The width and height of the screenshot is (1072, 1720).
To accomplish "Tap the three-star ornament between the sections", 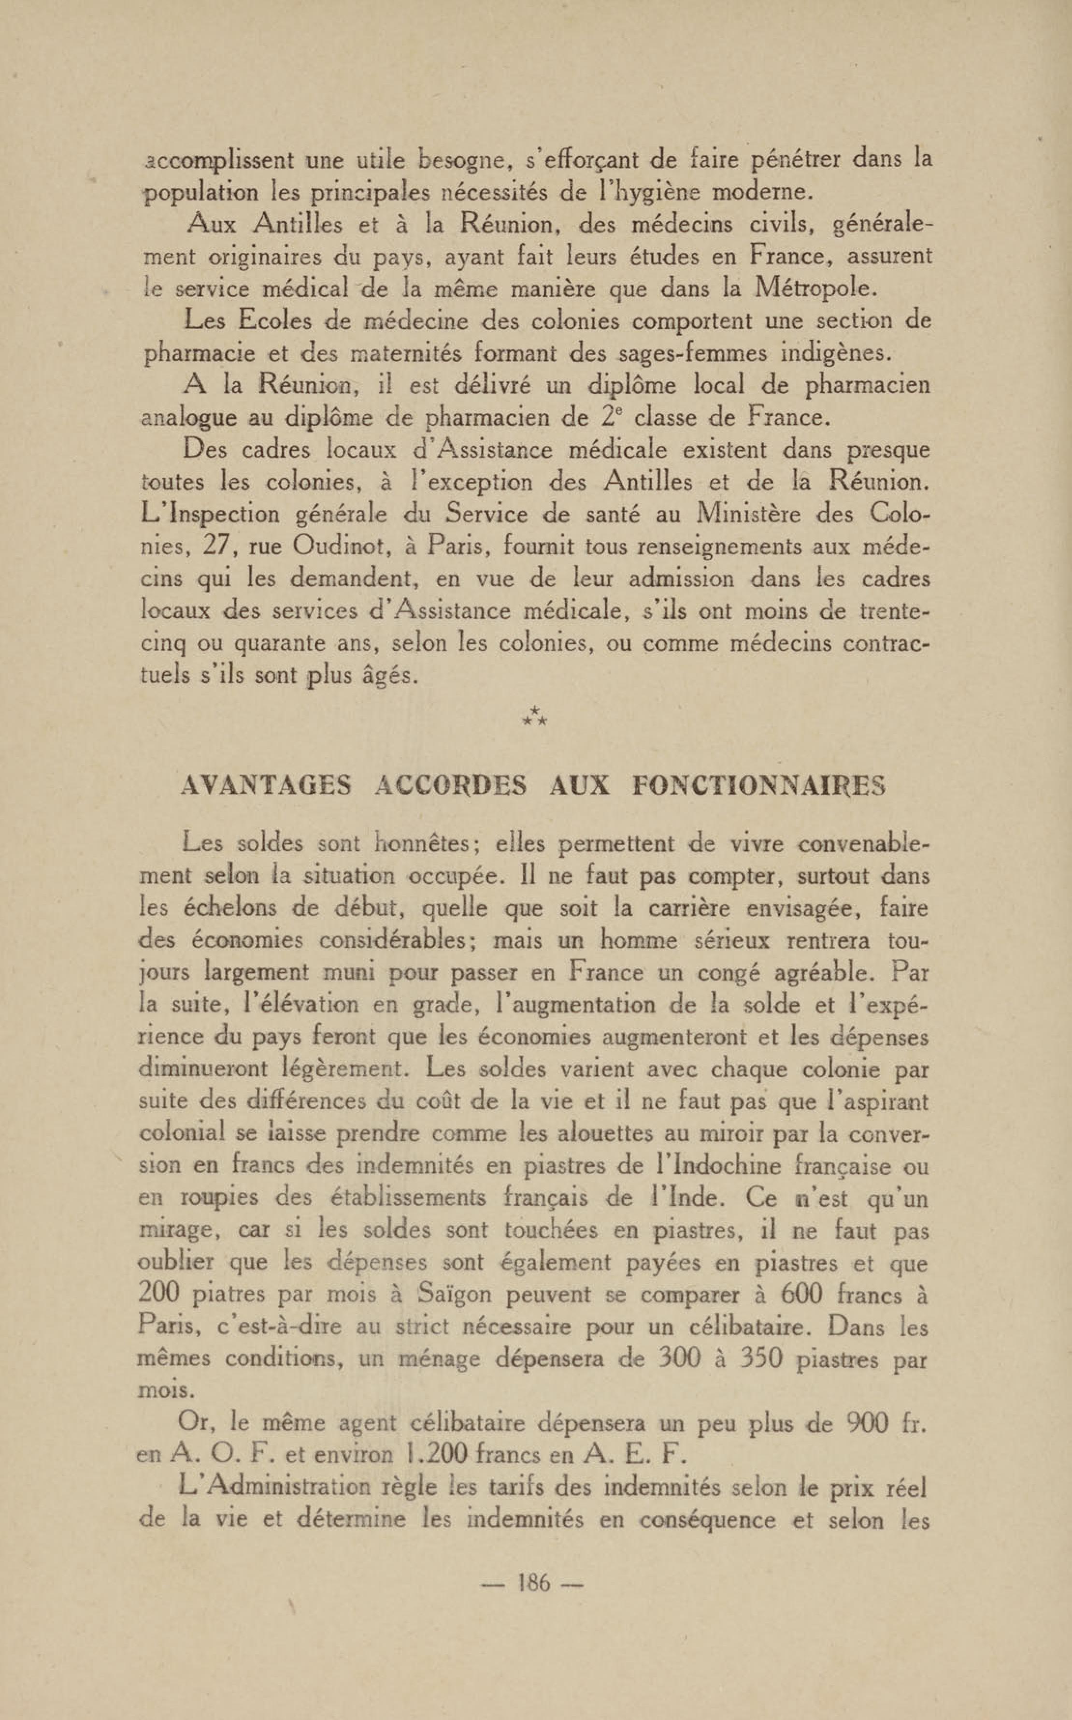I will (535, 718).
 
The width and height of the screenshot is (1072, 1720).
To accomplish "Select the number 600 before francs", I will (799, 1295).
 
